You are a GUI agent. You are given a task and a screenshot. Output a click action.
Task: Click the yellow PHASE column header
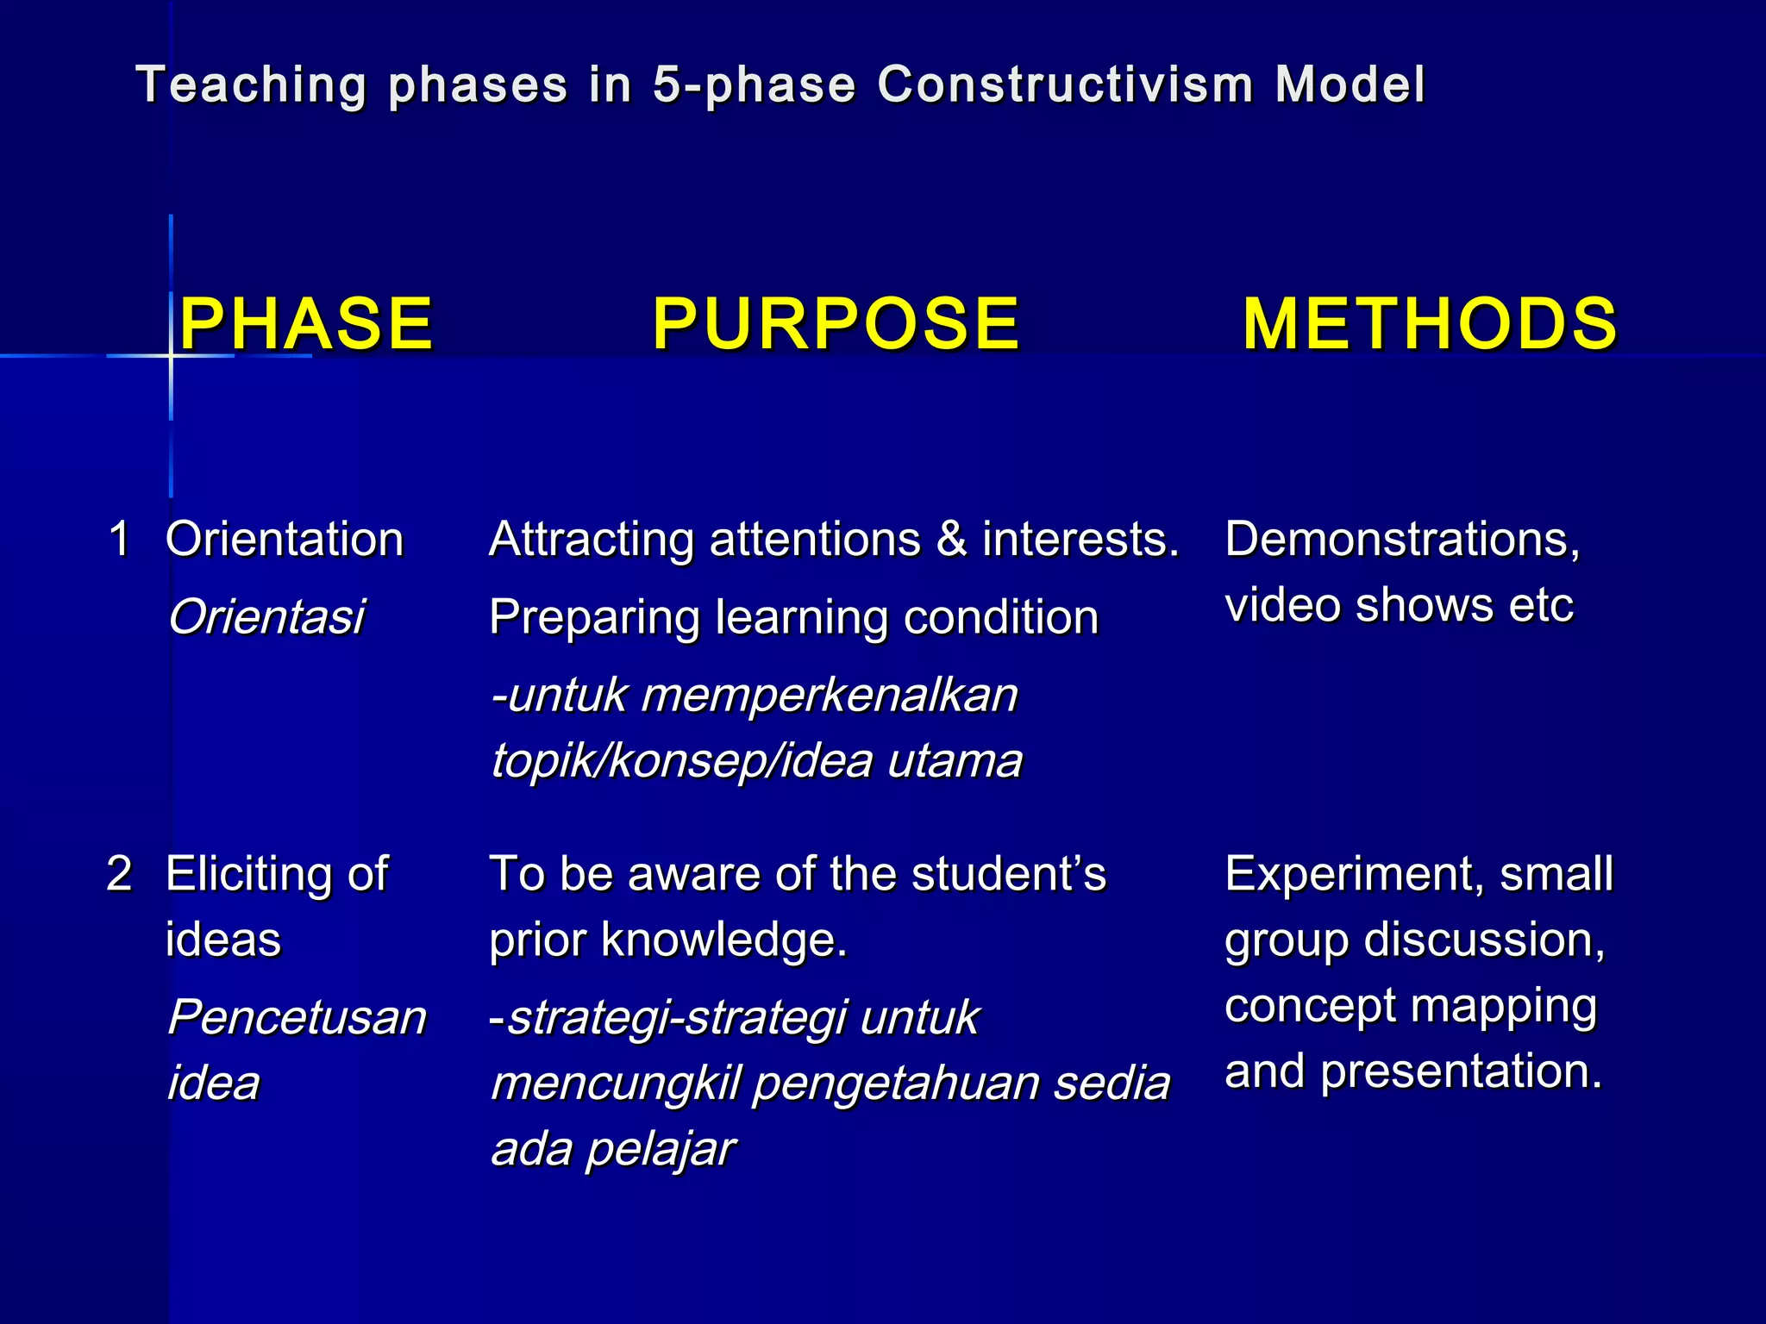tap(306, 324)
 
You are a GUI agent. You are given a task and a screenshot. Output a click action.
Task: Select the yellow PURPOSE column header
tap(836, 324)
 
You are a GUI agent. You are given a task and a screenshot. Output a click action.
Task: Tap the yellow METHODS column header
tap(1430, 324)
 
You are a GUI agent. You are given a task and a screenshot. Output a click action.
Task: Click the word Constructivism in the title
tap(1065, 85)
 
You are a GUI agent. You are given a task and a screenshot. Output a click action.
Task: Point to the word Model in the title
tap(1350, 85)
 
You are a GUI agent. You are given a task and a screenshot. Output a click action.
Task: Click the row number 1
tap(119, 540)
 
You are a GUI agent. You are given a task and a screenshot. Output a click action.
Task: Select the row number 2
tap(119, 874)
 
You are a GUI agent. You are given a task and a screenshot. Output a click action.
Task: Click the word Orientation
tap(285, 540)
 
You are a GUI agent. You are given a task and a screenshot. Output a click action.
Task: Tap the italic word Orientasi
tap(266, 617)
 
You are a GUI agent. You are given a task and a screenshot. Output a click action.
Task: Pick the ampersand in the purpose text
tap(951, 540)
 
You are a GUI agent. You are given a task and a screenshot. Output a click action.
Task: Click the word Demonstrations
tap(1401, 540)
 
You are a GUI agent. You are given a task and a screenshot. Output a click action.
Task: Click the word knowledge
tap(724, 940)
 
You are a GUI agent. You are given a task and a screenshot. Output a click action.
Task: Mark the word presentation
tap(1461, 1071)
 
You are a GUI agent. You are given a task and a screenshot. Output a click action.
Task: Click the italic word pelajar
tap(660, 1149)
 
